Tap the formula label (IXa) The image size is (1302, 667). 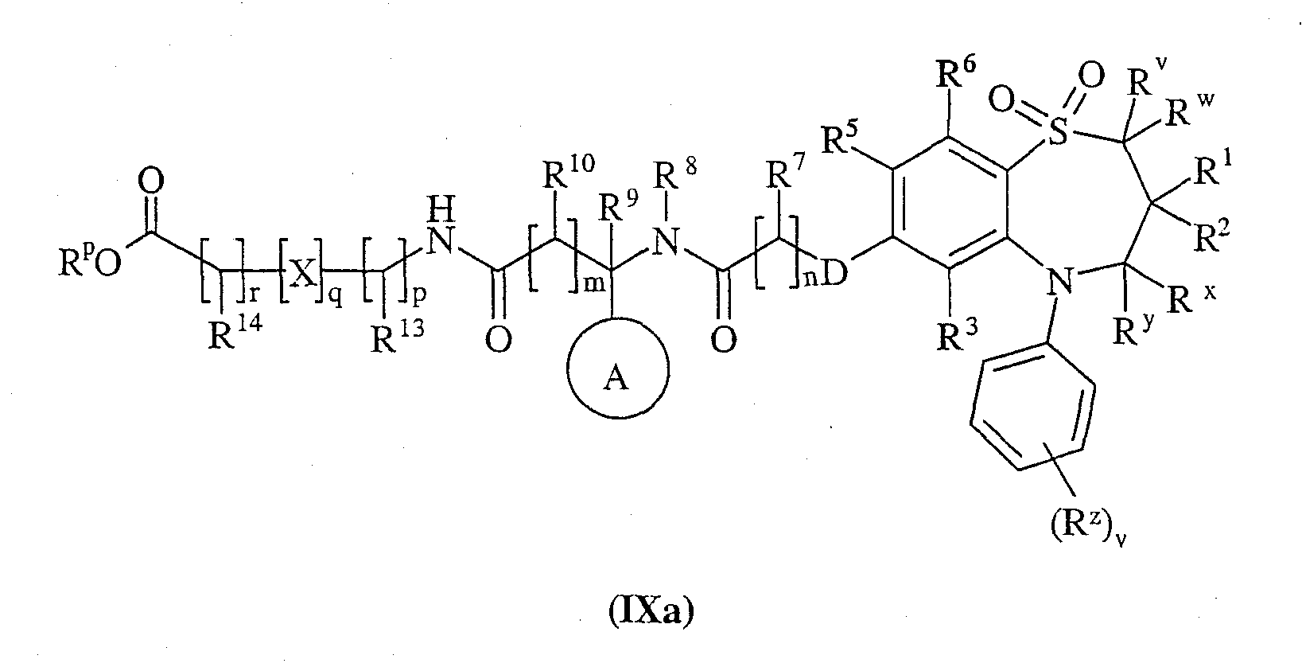(x=651, y=611)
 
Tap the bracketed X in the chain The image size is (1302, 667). (x=303, y=272)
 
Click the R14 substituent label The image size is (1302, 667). (x=235, y=333)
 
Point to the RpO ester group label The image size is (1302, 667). (x=90, y=263)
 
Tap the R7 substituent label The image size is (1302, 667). (x=786, y=172)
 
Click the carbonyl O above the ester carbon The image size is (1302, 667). (x=150, y=182)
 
